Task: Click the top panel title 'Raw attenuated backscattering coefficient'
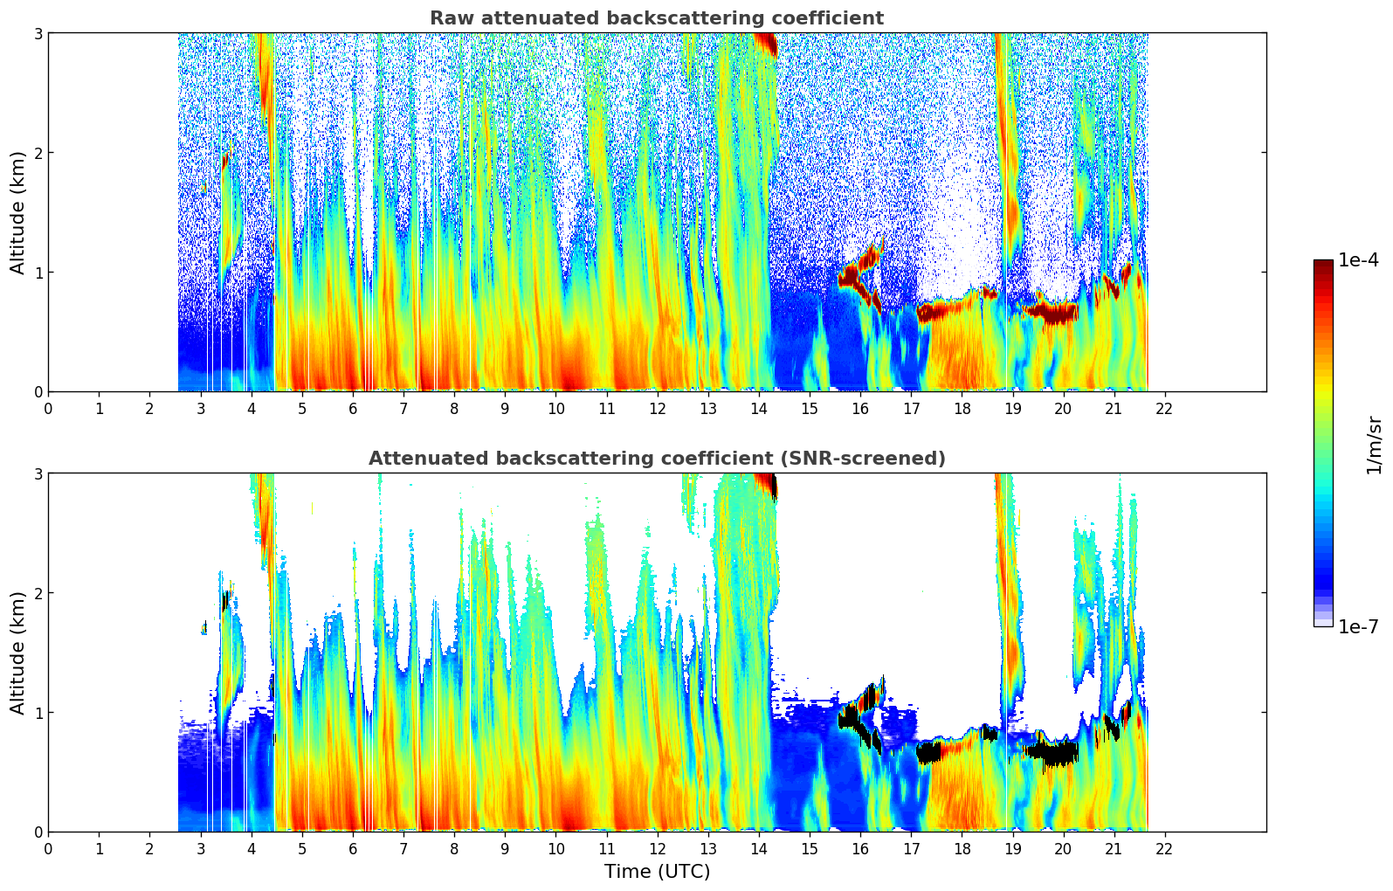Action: pos(656,18)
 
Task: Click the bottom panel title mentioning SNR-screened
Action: pos(656,459)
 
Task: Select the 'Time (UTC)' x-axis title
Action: pos(657,871)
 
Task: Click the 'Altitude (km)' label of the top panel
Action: pos(17,212)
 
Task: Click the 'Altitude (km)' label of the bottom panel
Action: pos(17,653)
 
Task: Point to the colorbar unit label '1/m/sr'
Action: pos(1374,445)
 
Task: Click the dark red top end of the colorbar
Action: pos(1322,264)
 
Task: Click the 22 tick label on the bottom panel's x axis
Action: pos(1164,849)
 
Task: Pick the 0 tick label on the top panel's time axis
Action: pos(48,409)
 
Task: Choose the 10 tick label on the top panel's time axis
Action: pos(555,409)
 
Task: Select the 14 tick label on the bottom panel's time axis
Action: pos(759,849)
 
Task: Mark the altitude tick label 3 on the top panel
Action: pos(38,33)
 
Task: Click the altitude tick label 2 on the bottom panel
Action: pos(38,593)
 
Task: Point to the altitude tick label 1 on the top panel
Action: pos(38,273)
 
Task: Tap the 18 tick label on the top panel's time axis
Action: pos(962,409)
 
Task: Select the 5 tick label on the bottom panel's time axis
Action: pos(302,849)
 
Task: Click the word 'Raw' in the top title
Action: pos(451,18)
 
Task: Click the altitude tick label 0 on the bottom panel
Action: pos(38,832)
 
